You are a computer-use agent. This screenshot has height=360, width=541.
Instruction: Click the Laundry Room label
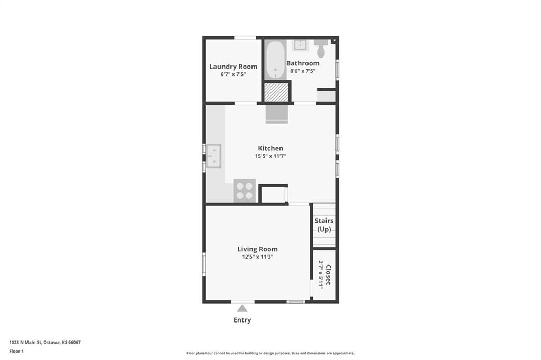tap(233, 67)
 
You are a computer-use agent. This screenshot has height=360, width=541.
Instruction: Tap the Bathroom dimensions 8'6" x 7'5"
tap(303, 71)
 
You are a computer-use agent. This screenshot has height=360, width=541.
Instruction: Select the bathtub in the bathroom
tap(275, 60)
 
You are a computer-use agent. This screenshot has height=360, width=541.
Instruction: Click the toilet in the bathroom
tap(321, 48)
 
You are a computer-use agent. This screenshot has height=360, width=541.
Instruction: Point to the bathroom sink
tap(300, 45)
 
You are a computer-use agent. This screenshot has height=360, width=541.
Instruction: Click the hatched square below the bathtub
tap(276, 92)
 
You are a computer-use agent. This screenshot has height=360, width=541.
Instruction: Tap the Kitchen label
tap(270, 148)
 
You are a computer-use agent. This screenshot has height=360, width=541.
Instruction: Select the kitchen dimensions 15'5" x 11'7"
tap(270, 156)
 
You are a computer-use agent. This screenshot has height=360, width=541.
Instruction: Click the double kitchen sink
tap(214, 156)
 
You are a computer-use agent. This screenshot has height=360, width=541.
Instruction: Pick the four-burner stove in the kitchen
tap(244, 191)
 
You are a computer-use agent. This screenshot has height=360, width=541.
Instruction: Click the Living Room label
tap(257, 249)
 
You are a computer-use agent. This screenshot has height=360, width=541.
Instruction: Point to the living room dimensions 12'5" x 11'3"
tap(257, 257)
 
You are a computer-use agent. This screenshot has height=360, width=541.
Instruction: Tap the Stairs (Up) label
tap(324, 225)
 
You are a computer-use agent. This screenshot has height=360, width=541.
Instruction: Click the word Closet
tap(328, 274)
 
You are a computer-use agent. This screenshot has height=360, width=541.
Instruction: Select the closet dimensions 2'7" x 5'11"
tap(321, 274)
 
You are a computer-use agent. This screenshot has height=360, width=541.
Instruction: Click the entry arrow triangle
tap(242, 308)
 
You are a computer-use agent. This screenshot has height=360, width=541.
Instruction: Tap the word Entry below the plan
tap(242, 320)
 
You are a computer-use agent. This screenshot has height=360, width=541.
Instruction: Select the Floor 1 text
tap(16, 352)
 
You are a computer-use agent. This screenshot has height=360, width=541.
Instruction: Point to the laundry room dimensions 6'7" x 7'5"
tap(233, 74)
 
